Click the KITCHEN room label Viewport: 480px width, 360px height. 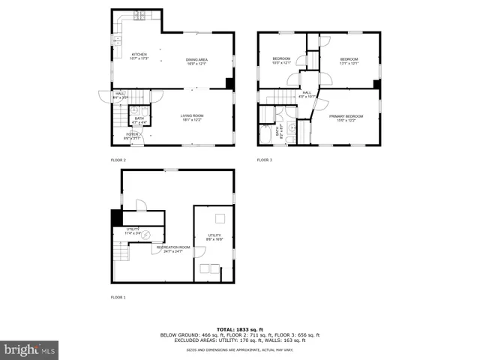point(139,55)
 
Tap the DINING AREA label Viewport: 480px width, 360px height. point(197,59)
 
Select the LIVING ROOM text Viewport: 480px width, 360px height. point(192,115)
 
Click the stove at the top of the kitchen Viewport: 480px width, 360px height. point(139,15)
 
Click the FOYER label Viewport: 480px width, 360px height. point(131,134)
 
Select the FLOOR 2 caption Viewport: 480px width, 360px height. point(118,160)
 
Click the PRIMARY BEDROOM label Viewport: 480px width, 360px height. point(346,116)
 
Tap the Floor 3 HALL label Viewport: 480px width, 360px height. point(307,92)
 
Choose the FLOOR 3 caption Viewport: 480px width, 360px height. point(265,160)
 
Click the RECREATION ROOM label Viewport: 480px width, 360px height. point(172,247)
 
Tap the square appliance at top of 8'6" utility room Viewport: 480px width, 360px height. point(220,218)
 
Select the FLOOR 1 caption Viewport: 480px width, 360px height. point(118,298)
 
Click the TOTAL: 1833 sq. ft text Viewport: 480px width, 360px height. point(240,328)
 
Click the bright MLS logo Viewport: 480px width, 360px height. point(30,349)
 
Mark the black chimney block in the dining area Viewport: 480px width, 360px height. point(229,83)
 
